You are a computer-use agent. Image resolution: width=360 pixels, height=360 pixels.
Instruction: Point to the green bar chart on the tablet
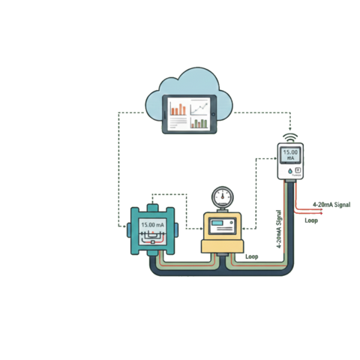coord(199,121)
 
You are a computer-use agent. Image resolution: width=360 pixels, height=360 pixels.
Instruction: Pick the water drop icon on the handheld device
coord(284,171)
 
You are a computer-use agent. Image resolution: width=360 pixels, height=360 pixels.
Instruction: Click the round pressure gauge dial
coord(223,196)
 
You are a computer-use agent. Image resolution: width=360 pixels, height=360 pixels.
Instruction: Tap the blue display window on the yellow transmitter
coord(223,224)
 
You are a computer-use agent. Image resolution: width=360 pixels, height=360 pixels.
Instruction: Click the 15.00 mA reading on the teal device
coord(153,224)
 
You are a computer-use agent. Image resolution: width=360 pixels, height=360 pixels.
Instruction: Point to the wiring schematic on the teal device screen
coord(153,237)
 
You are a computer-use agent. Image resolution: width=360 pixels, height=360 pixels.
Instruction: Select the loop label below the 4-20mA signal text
coord(311,220)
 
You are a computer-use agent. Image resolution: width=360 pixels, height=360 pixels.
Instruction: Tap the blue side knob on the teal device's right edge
coord(181,229)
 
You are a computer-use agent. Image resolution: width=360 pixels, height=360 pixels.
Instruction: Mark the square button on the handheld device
coord(297,171)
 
